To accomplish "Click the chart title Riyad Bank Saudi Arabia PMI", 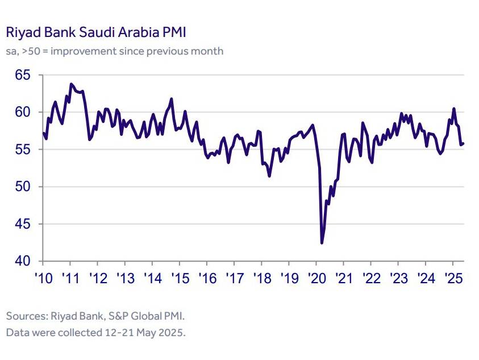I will pos(95,32).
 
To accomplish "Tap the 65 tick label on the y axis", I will pos(23,75).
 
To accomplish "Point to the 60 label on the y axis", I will pos(23,112).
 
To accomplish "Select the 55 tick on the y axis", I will pos(23,150).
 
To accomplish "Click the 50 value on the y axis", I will pos(23,187).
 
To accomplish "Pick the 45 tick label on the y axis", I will pos(23,224).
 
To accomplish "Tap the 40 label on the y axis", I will pos(23,261).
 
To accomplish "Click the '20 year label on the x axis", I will pos(316,279).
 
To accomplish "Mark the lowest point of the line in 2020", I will pos(322,243).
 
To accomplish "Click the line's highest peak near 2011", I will pos(70,84).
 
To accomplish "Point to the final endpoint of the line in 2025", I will pos(464,143).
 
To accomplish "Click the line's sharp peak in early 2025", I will pos(453,109).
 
